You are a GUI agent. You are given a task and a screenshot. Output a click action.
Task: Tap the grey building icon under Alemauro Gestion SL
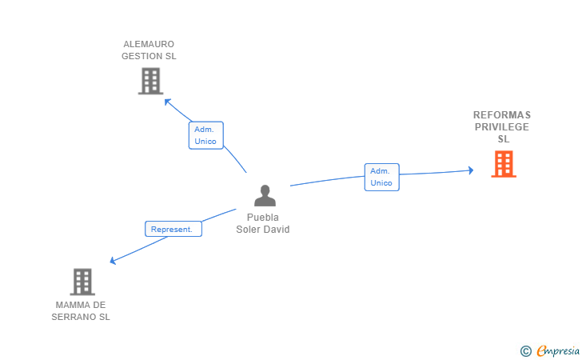[x=150, y=81]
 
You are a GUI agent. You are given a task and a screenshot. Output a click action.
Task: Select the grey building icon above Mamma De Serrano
[x=82, y=282]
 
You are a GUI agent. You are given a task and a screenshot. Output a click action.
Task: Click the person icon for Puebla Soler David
[x=265, y=195]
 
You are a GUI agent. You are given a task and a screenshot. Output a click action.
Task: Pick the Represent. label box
[x=173, y=229]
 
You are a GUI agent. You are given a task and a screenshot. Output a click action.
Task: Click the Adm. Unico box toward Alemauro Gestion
[x=205, y=135]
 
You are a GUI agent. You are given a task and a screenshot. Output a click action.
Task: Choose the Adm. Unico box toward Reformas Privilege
[x=381, y=177]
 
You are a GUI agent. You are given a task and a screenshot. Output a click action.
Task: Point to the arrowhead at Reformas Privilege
[x=470, y=170]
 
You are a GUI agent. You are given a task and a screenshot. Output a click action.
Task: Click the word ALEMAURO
[x=149, y=44]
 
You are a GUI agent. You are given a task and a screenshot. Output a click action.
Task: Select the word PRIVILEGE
[x=501, y=126]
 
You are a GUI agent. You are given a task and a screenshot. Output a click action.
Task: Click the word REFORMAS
[x=501, y=114]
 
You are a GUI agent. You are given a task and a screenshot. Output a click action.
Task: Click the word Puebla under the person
[x=262, y=218]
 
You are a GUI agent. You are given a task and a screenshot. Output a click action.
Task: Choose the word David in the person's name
[x=278, y=230]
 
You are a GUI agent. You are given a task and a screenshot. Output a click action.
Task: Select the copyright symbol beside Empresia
[x=525, y=350]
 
